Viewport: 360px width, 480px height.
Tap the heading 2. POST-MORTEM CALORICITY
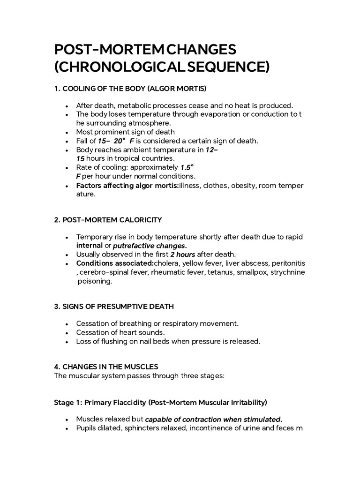[109, 219]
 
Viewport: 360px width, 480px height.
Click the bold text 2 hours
[170, 255]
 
